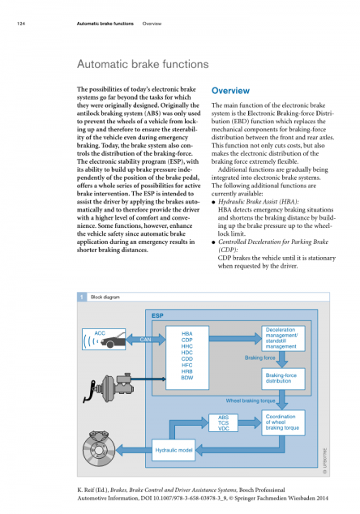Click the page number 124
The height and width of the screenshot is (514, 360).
[x=21, y=24]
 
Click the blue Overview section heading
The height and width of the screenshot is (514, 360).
[x=230, y=91]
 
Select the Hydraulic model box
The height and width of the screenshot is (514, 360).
[x=174, y=450]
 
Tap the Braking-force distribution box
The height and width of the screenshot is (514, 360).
[x=283, y=379]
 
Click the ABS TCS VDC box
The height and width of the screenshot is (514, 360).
[x=223, y=423]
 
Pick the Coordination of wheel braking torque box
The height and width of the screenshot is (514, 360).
[x=283, y=422]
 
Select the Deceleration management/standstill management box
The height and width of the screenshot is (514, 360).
[x=283, y=338]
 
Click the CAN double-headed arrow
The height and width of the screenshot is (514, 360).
[x=146, y=339]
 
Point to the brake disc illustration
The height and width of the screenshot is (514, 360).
[x=99, y=448]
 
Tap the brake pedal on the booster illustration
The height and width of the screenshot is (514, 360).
[x=89, y=392]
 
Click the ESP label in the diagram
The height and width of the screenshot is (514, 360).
[x=157, y=315]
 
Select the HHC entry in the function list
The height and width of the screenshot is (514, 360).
[x=186, y=346]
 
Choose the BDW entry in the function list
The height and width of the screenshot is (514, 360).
[x=186, y=378]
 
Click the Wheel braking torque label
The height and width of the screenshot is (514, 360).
[x=251, y=400]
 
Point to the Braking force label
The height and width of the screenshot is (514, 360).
[x=259, y=358]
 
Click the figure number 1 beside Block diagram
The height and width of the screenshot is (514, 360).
[x=82, y=297]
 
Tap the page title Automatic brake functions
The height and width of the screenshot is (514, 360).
[x=143, y=64]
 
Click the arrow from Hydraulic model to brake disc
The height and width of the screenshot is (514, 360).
[x=134, y=450]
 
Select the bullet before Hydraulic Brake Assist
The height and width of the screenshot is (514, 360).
[x=213, y=202]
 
